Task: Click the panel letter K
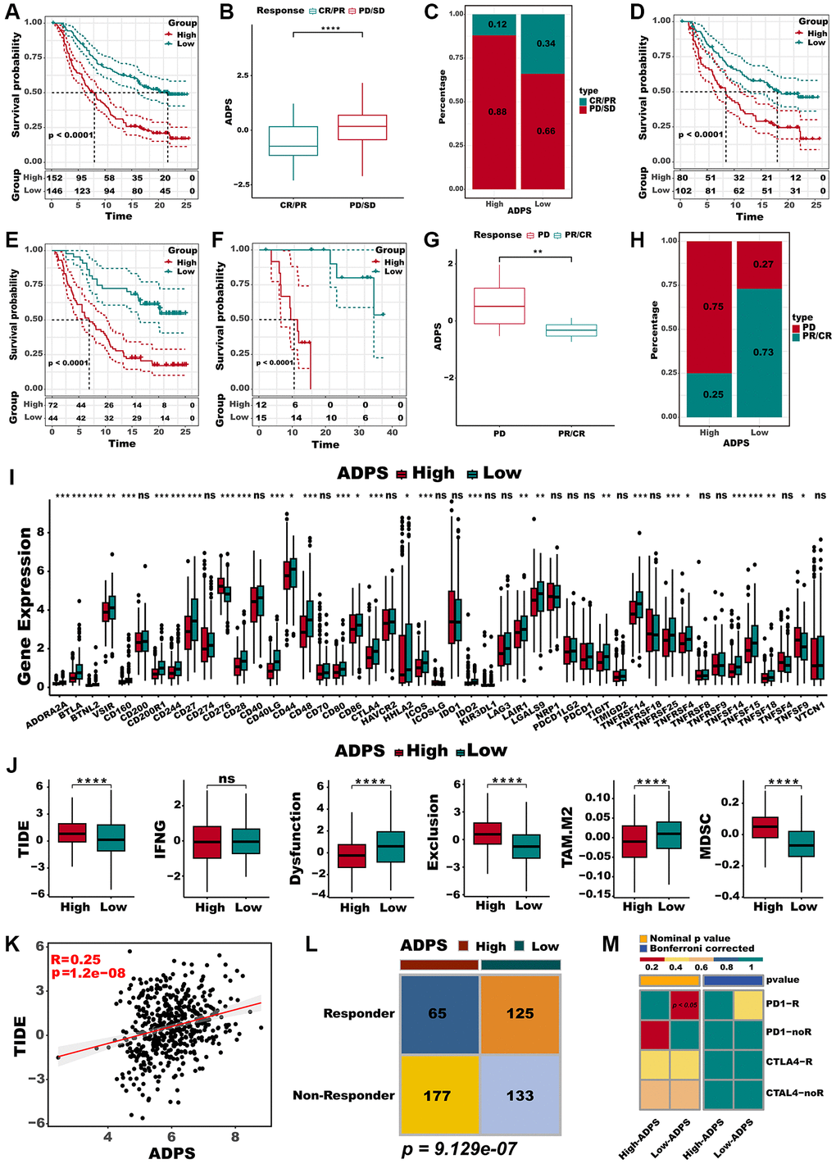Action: [x=12, y=943]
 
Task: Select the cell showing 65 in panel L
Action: [x=438, y=1013]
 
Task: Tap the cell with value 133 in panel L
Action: [x=520, y=1095]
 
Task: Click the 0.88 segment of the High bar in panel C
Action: [x=498, y=111]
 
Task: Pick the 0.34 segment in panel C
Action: [x=545, y=43]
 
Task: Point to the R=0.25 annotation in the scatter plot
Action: [x=75, y=959]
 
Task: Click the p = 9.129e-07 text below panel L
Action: [x=459, y=1148]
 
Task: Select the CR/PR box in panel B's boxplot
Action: [x=293, y=141]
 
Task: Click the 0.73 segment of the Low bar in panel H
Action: [x=763, y=352]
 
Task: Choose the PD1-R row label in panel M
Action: [x=782, y=1003]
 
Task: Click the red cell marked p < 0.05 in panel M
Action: [x=684, y=1005]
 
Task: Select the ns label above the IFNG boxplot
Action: [x=227, y=779]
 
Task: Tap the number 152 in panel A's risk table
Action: [x=54, y=178]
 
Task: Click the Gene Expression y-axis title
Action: [x=25, y=607]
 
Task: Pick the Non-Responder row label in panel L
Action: [x=343, y=1095]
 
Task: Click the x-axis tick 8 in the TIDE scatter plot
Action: [x=235, y=1136]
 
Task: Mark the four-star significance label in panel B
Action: [x=330, y=30]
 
